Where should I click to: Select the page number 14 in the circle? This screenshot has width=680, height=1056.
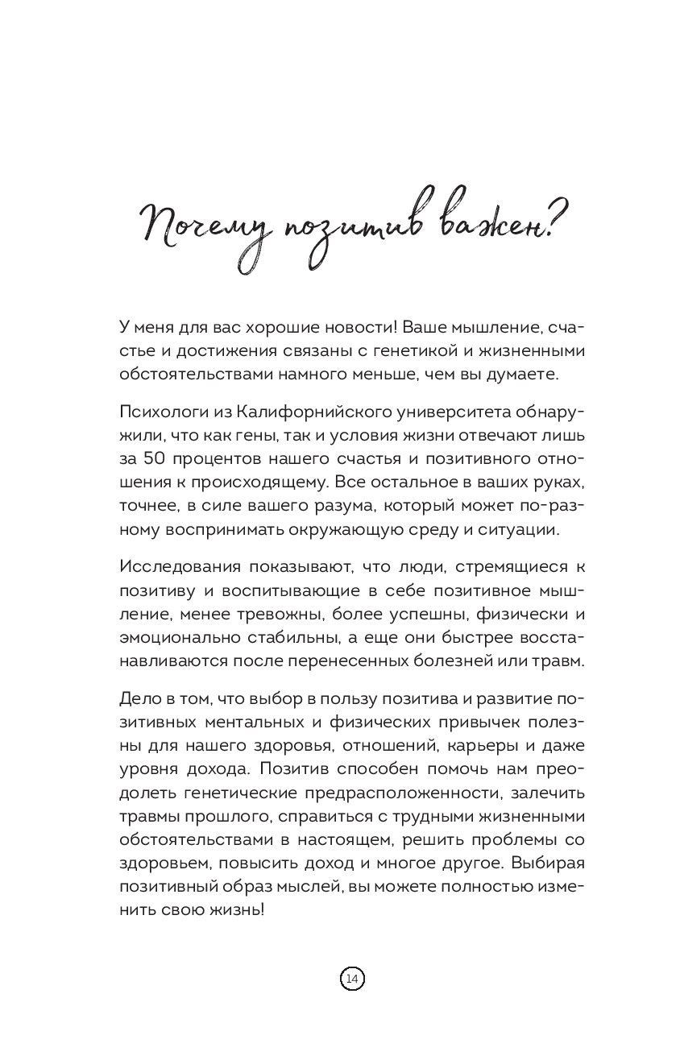pyautogui.click(x=352, y=979)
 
